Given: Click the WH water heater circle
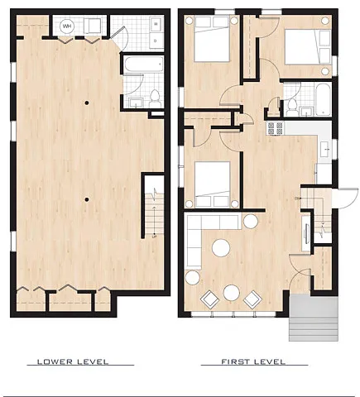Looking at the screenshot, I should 67,26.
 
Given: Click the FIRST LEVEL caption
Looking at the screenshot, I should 253,362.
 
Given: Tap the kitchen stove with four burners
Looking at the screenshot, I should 274,128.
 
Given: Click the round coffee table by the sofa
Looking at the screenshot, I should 221,246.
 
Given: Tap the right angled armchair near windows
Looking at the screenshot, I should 251,298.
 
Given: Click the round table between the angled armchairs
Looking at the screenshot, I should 232,291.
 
